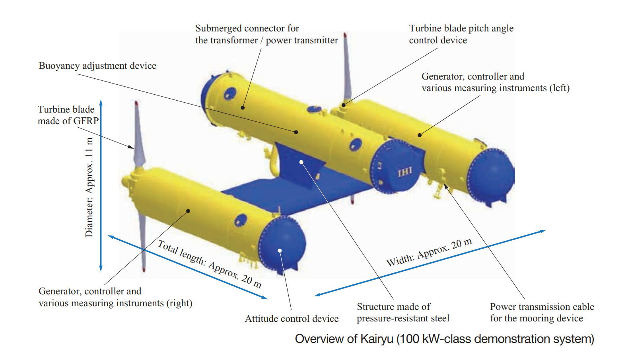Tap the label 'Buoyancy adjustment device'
pyautogui.click(x=97, y=66)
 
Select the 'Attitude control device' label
pyautogui.click(x=292, y=319)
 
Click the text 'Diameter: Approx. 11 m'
pyautogui.click(x=89, y=187)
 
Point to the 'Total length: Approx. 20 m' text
pyautogui.click(x=210, y=264)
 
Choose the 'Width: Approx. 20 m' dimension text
pyautogui.click(x=429, y=253)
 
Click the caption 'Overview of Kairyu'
pyautogui.click(x=444, y=339)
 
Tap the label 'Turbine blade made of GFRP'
pyautogui.click(x=68, y=115)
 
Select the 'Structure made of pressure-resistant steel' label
pyautogui.click(x=403, y=312)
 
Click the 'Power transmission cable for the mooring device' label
pyautogui.click(x=542, y=312)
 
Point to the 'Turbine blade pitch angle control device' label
pyautogui.click(x=461, y=34)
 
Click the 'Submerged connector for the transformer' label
pyautogui.click(x=266, y=34)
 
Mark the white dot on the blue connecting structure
pyautogui.click(x=301, y=162)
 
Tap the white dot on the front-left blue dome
pyautogui.click(x=280, y=250)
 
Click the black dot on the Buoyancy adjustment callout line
pyautogui.click(x=296, y=132)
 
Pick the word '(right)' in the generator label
pyautogui.click(x=179, y=303)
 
